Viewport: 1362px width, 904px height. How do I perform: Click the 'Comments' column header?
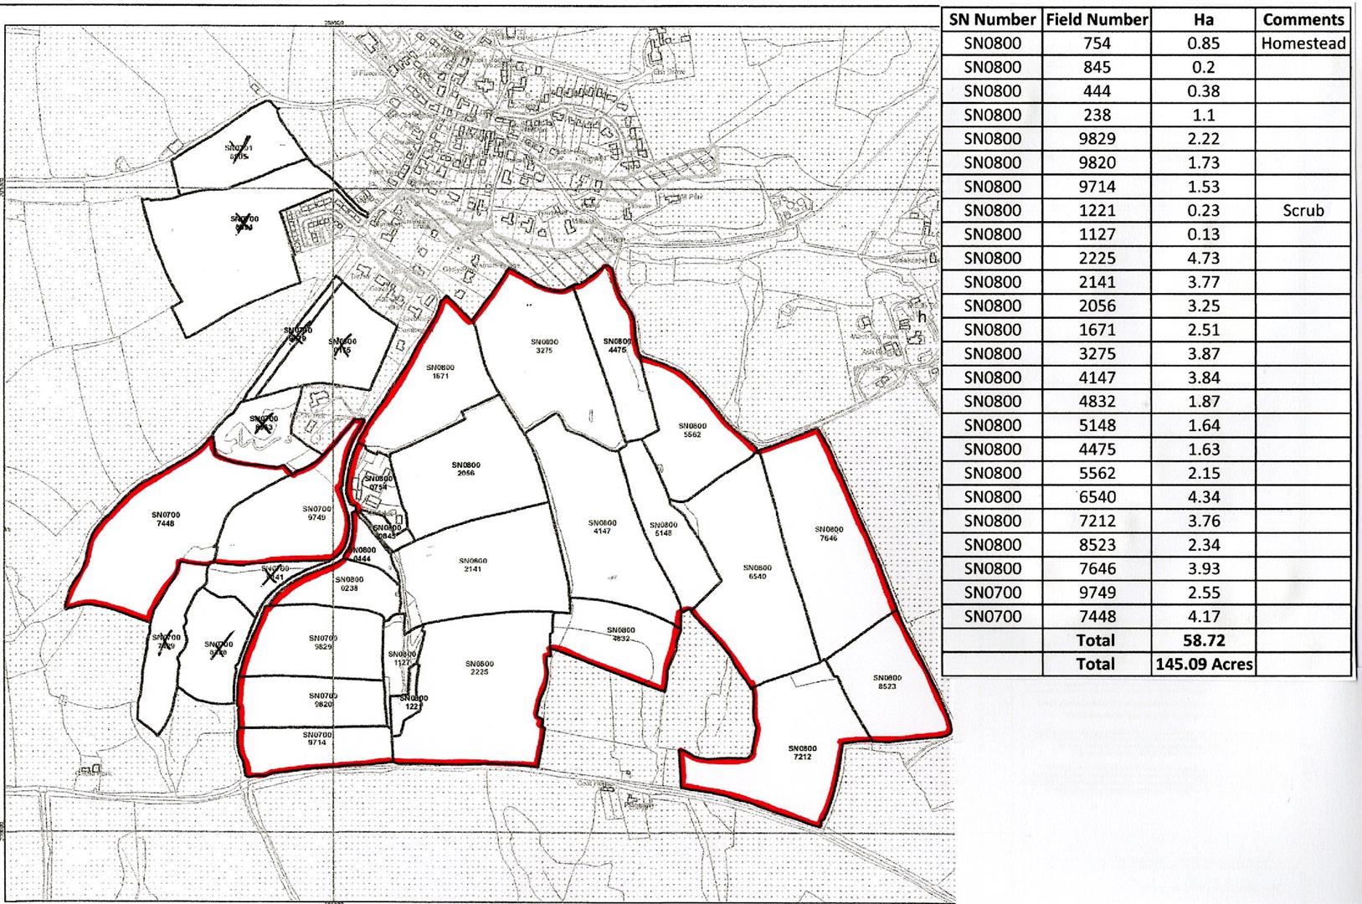pyautogui.click(x=1303, y=19)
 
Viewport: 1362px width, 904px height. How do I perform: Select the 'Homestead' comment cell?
pyautogui.click(x=1303, y=44)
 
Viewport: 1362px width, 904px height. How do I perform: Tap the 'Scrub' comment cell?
pyautogui.click(x=1303, y=210)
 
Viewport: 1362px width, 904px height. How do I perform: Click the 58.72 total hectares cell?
pyautogui.click(x=1203, y=640)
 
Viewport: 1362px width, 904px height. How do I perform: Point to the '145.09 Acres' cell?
pyautogui.click(x=1203, y=664)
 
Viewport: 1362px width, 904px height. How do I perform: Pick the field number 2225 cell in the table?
pyautogui.click(x=1097, y=258)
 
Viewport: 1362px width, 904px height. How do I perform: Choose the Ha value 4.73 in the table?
pyautogui.click(x=1203, y=258)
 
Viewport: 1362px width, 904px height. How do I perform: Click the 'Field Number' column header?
pyautogui.click(x=1097, y=19)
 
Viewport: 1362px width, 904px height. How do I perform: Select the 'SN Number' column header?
pyautogui.click(x=993, y=19)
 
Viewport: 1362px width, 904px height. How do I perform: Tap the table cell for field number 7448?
pyautogui.click(x=1097, y=616)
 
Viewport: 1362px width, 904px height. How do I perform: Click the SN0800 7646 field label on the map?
pyautogui.click(x=829, y=533)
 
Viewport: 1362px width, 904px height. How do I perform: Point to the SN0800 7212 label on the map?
pyautogui.click(x=801, y=752)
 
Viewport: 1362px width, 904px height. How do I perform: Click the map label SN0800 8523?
pyautogui.click(x=887, y=681)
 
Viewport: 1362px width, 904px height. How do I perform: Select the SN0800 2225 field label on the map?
pyautogui.click(x=480, y=668)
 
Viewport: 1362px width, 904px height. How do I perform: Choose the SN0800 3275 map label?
pyautogui.click(x=544, y=346)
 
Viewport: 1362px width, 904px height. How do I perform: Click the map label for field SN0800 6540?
pyautogui.click(x=757, y=573)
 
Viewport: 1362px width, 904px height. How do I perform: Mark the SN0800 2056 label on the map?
pyautogui.click(x=465, y=469)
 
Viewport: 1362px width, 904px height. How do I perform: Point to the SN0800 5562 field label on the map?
pyautogui.click(x=692, y=430)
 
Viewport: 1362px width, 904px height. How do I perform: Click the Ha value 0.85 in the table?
pyautogui.click(x=1203, y=44)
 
